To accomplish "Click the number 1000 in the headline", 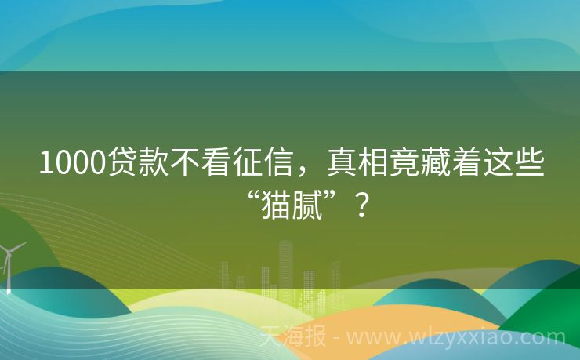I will click(x=73, y=163).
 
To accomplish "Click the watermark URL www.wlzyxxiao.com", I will click(x=455, y=338).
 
